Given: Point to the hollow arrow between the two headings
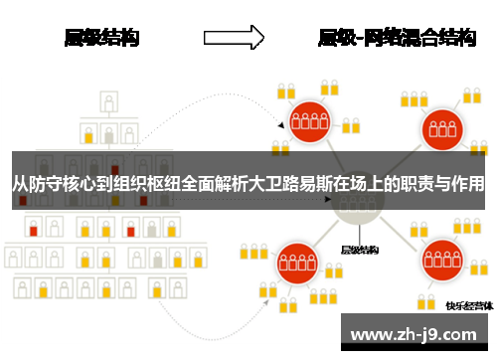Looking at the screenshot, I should pyautogui.click(x=234, y=38).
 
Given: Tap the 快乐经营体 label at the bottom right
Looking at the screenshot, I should pyautogui.click(x=467, y=305).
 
